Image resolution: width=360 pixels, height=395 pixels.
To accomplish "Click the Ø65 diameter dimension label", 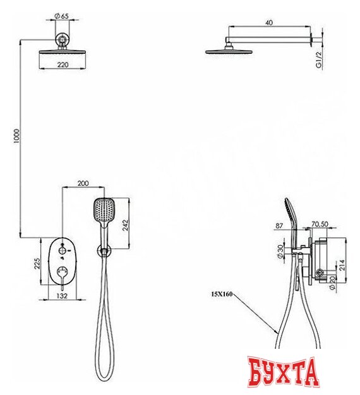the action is (61, 16).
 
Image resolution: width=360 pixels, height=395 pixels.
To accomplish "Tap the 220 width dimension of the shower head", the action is (63, 64).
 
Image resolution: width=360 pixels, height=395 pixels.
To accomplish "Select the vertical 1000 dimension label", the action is (16, 136).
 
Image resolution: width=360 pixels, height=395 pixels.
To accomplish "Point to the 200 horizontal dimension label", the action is (83, 183).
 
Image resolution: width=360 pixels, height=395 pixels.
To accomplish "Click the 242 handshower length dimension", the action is (125, 225).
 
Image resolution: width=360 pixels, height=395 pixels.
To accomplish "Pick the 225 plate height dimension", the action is (37, 264).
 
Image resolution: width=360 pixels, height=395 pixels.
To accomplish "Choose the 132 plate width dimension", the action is (62, 296).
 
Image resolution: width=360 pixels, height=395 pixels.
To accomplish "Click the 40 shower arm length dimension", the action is (269, 23).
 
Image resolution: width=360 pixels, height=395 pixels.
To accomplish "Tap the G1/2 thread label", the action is (319, 60).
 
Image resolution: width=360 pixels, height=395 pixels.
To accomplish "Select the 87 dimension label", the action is (279, 226).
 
